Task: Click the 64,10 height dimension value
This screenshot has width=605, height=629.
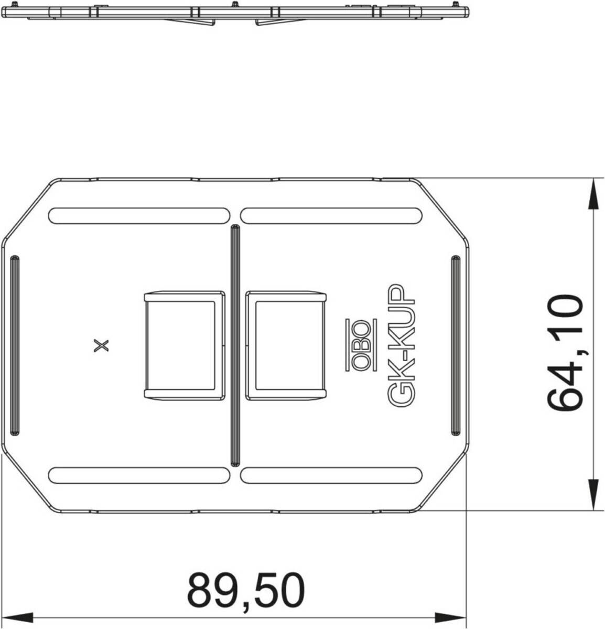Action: point(565,353)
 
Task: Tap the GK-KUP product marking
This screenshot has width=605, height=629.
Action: point(401,345)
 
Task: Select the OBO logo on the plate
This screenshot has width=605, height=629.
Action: point(361,345)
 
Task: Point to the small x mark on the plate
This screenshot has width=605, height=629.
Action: point(101,345)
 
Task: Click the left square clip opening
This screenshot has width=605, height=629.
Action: point(185,345)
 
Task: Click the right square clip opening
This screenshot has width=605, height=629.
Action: point(286,345)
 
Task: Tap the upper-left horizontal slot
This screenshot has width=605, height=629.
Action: point(139,216)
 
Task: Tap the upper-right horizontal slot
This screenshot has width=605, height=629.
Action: point(331,216)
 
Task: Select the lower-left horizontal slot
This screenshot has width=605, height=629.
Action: point(139,475)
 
